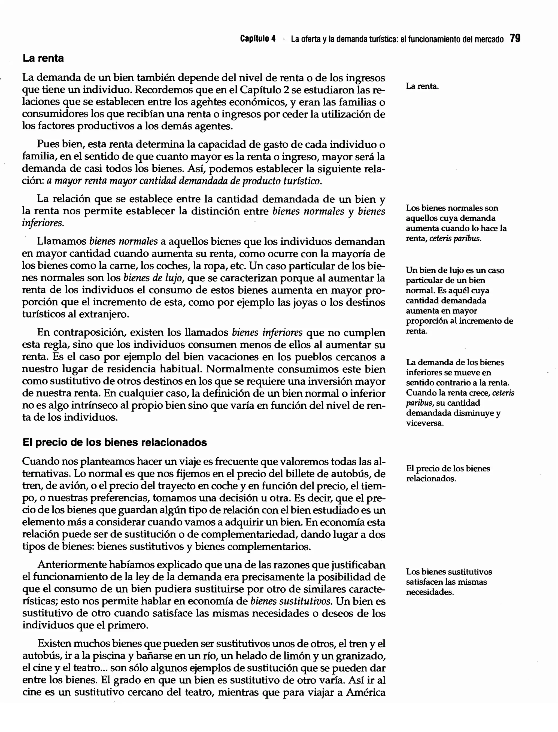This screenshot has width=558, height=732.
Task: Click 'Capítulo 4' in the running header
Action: pyautogui.click(x=258, y=39)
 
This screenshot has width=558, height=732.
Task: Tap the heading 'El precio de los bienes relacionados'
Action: pyautogui.click(x=115, y=442)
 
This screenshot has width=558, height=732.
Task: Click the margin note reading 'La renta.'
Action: pyautogui.click(x=422, y=86)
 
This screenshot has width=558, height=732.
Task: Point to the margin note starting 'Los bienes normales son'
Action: pyautogui.click(x=456, y=223)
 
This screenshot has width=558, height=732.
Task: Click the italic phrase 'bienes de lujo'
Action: pyautogui.click(x=154, y=278)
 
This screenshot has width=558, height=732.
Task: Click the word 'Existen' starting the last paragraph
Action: pyautogui.click(x=53, y=643)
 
